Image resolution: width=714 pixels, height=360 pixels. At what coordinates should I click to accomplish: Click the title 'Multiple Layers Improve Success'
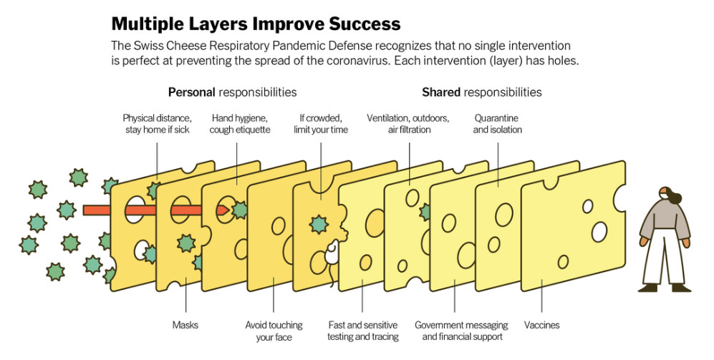[x=256, y=24]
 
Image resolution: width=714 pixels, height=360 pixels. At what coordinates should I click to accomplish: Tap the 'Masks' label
[x=185, y=325]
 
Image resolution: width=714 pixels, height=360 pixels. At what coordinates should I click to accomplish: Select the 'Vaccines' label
[x=541, y=325]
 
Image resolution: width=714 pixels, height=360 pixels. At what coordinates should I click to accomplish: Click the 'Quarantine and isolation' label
[x=497, y=124]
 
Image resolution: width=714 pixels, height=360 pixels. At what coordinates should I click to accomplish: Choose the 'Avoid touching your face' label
[x=274, y=331]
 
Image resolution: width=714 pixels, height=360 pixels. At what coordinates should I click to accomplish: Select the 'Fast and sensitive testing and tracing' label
[x=362, y=331]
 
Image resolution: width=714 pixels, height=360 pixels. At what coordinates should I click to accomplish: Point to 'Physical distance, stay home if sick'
[x=156, y=124]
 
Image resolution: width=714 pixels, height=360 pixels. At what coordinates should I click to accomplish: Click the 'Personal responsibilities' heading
[x=232, y=92]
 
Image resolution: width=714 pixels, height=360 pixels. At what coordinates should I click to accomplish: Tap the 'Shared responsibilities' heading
[x=481, y=92]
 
